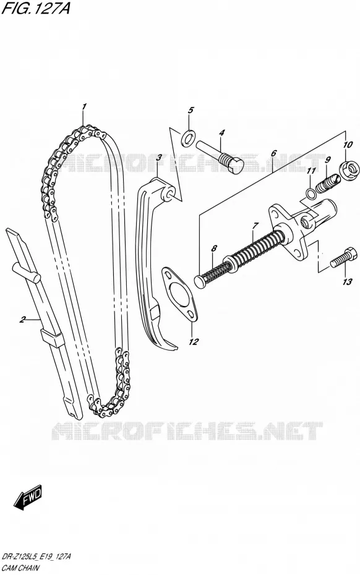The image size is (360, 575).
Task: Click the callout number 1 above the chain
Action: pos(84,107)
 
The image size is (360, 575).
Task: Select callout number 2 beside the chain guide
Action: pos(22,320)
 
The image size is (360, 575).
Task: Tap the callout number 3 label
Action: pos(158,158)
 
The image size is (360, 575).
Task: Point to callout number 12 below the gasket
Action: pos(194,342)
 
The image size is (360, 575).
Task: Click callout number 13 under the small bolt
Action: pos(347,282)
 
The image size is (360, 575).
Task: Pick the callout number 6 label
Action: pos(273,153)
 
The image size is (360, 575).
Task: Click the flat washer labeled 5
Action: pos(188,137)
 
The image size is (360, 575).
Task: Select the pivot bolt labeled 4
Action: pos(219,158)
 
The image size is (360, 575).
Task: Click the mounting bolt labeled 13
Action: pos(343,257)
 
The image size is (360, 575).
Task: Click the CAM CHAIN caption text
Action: pos(21,568)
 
